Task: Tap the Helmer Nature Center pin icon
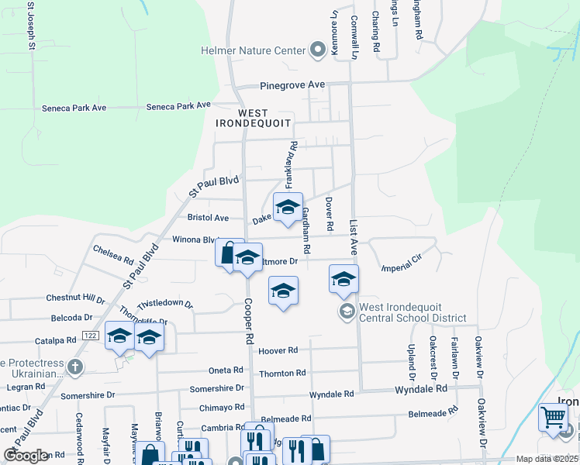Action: point(317,51)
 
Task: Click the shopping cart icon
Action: point(552,417)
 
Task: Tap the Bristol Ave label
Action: point(209,219)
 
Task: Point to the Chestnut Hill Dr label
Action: point(75,298)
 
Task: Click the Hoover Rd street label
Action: point(278,351)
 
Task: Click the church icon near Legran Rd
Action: point(74,367)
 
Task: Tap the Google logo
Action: point(26,456)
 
